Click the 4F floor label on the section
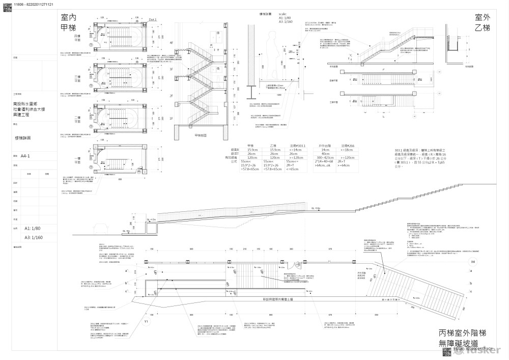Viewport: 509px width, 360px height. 172,43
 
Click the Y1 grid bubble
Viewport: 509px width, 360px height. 146,321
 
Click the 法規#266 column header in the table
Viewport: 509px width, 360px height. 347,145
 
